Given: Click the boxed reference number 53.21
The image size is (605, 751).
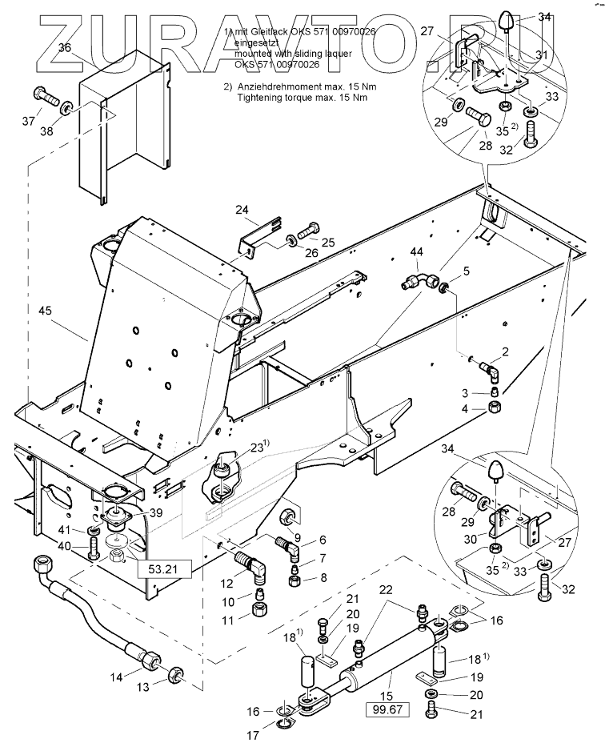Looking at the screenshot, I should [153, 569].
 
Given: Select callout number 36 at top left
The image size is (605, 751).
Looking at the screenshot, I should [65, 48].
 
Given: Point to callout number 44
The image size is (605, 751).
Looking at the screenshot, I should [417, 252].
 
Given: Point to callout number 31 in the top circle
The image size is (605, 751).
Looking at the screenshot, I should [543, 54].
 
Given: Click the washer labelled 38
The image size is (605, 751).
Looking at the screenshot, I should [68, 106].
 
